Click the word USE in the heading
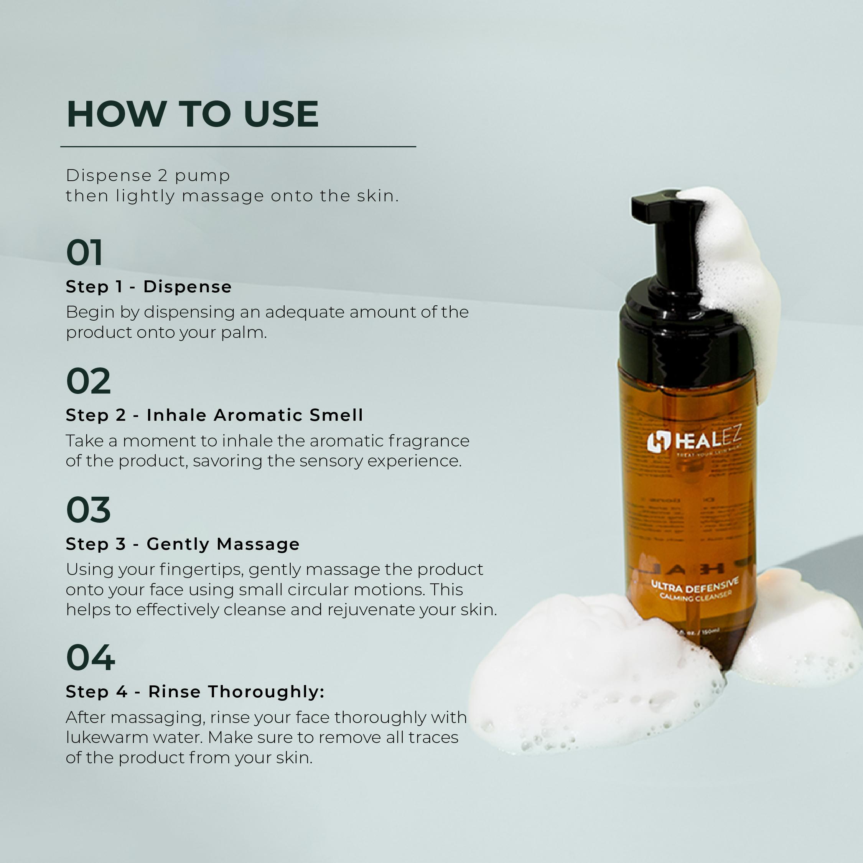tap(281, 114)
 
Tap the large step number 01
tap(84, 253)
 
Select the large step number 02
tap(88, 382)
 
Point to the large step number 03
tap(88, 510)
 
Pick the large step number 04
tap(90, 658)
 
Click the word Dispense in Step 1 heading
tap(187, 287)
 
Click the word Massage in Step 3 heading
tap(258, 544)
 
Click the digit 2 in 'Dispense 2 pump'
tap(162, 176)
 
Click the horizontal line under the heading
tap(238, 147)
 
